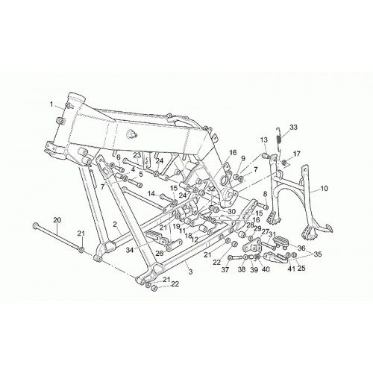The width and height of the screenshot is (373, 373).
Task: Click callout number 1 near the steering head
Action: click(51, 104)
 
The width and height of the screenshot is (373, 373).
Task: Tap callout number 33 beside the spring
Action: click(293, 128)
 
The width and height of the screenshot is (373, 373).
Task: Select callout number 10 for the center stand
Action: click(325, 188)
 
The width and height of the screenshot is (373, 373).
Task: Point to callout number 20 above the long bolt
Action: click(57, 220)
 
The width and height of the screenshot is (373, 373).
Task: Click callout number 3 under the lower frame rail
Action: click(190, 272)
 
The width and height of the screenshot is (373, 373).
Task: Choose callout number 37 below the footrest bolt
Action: click(225, 269)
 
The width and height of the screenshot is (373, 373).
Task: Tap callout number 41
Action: click(292, 269)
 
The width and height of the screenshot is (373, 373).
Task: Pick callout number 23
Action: click(137, 155)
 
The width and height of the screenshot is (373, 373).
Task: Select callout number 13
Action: click(264, 140)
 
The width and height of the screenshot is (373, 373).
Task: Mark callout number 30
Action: click(231, 212)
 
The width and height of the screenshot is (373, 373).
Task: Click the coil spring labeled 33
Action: click(279, 140)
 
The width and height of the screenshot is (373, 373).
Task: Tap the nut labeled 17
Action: click(286, 163)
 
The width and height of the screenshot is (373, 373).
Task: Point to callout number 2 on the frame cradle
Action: click(115, 225)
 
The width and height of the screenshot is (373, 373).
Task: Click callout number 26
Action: click(160, 253)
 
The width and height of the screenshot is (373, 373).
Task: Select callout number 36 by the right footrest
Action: click(301, 248)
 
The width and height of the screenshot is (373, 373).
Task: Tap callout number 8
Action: click(265, 193)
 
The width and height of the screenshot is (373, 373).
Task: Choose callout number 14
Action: click(151, 193)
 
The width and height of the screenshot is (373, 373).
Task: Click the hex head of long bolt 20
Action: click(35, 225)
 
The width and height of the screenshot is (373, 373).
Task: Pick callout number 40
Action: click(266, 269)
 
